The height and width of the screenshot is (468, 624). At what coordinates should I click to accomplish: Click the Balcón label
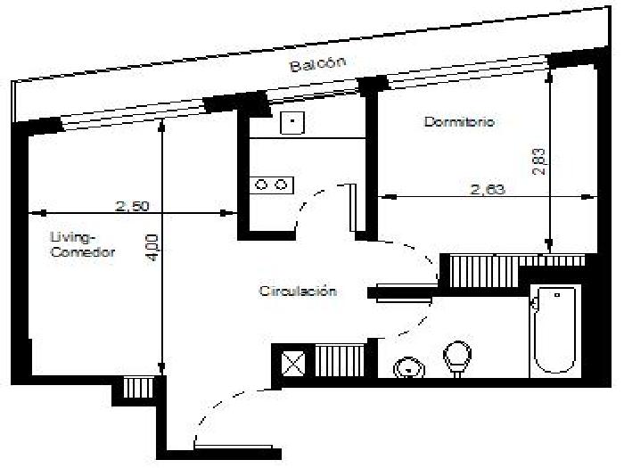coord(318,64)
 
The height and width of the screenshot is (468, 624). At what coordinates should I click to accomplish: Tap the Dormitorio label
coord(459,121)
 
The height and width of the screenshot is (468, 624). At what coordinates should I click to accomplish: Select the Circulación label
coord(298,291)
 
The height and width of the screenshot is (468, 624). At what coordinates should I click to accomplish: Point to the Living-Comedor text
coord(83,245)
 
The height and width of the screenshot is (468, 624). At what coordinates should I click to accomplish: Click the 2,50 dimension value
coord(132,206)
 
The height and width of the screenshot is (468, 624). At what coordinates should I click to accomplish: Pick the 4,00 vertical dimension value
coord(152,248)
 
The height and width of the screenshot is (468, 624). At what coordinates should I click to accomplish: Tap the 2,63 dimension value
coord(488,189)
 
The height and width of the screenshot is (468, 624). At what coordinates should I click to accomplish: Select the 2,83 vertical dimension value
coord(538,161)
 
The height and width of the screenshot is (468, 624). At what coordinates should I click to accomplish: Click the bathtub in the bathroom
coord(554,330)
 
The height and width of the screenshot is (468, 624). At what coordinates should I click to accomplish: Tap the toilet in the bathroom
coord(457,357)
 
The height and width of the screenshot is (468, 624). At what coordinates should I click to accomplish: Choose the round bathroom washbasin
coord(408,367)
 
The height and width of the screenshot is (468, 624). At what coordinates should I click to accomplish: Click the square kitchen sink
coord(292,122)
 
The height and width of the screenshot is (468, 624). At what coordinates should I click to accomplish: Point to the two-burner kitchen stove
coord(271,185)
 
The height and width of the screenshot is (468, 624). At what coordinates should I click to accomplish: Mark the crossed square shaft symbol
coord(292,363)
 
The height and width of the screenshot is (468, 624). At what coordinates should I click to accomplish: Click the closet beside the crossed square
coord(339,360)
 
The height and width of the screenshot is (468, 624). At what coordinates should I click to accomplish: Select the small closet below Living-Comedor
coord(137,388)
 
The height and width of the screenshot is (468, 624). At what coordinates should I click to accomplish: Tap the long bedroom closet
coord(517,271)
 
